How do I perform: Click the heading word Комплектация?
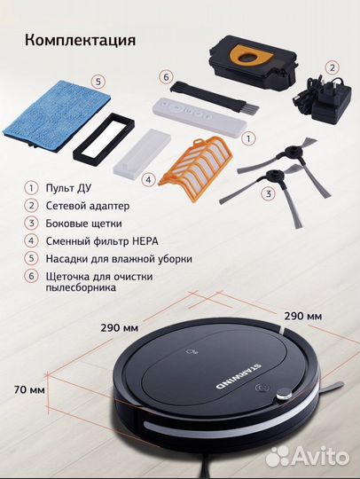(81, 40)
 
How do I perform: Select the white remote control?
(200, 116)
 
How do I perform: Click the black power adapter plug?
(324, 98)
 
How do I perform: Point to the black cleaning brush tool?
(215, 95)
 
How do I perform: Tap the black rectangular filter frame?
(104, 136)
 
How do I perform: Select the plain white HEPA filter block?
(142, 152)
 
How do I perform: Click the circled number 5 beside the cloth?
(98, 82)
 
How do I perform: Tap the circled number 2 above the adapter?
(333, 67)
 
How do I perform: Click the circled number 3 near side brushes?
(269, 193)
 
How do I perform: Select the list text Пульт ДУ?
(68, 187)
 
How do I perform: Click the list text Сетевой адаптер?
(88, 206)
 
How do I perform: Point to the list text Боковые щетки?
(84, 224)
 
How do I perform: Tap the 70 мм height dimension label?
(29, 389)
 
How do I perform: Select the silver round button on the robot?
(285, 394)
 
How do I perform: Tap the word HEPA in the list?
(145, 241)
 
